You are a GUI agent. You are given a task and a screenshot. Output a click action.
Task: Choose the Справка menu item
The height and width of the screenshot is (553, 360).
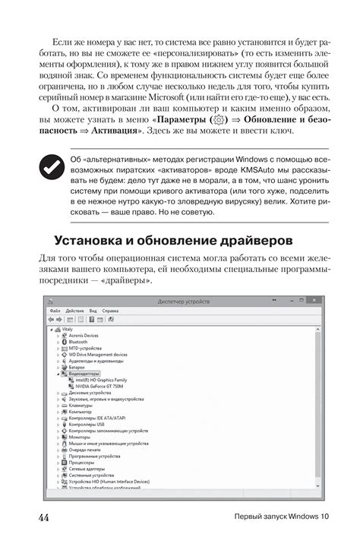(x=111, y=311)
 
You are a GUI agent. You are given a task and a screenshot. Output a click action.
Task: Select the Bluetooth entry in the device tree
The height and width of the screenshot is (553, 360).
(x=78, y=342)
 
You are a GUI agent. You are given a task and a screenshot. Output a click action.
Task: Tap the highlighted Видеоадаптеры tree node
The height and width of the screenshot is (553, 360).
(x=84, y=373)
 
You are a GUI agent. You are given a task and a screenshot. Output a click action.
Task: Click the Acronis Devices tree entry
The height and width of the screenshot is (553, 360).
(x=84, y=335)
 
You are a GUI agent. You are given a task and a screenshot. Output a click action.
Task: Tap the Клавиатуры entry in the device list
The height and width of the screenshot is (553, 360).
(x=81, y=406)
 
